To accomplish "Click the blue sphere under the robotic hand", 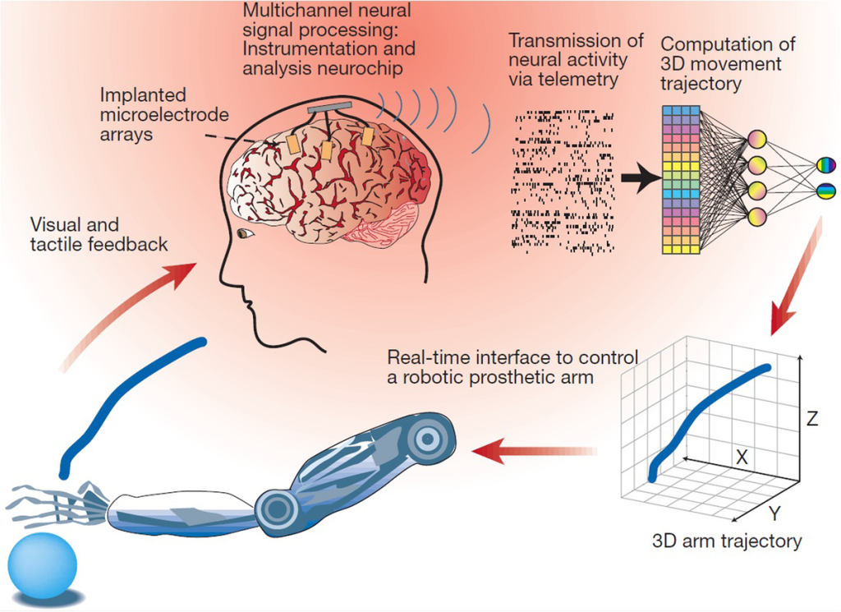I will coord(42,566).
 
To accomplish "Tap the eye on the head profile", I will coord(245,234).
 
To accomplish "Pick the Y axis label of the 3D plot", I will coord(773,514).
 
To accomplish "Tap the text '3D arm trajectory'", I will coord(726,541).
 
